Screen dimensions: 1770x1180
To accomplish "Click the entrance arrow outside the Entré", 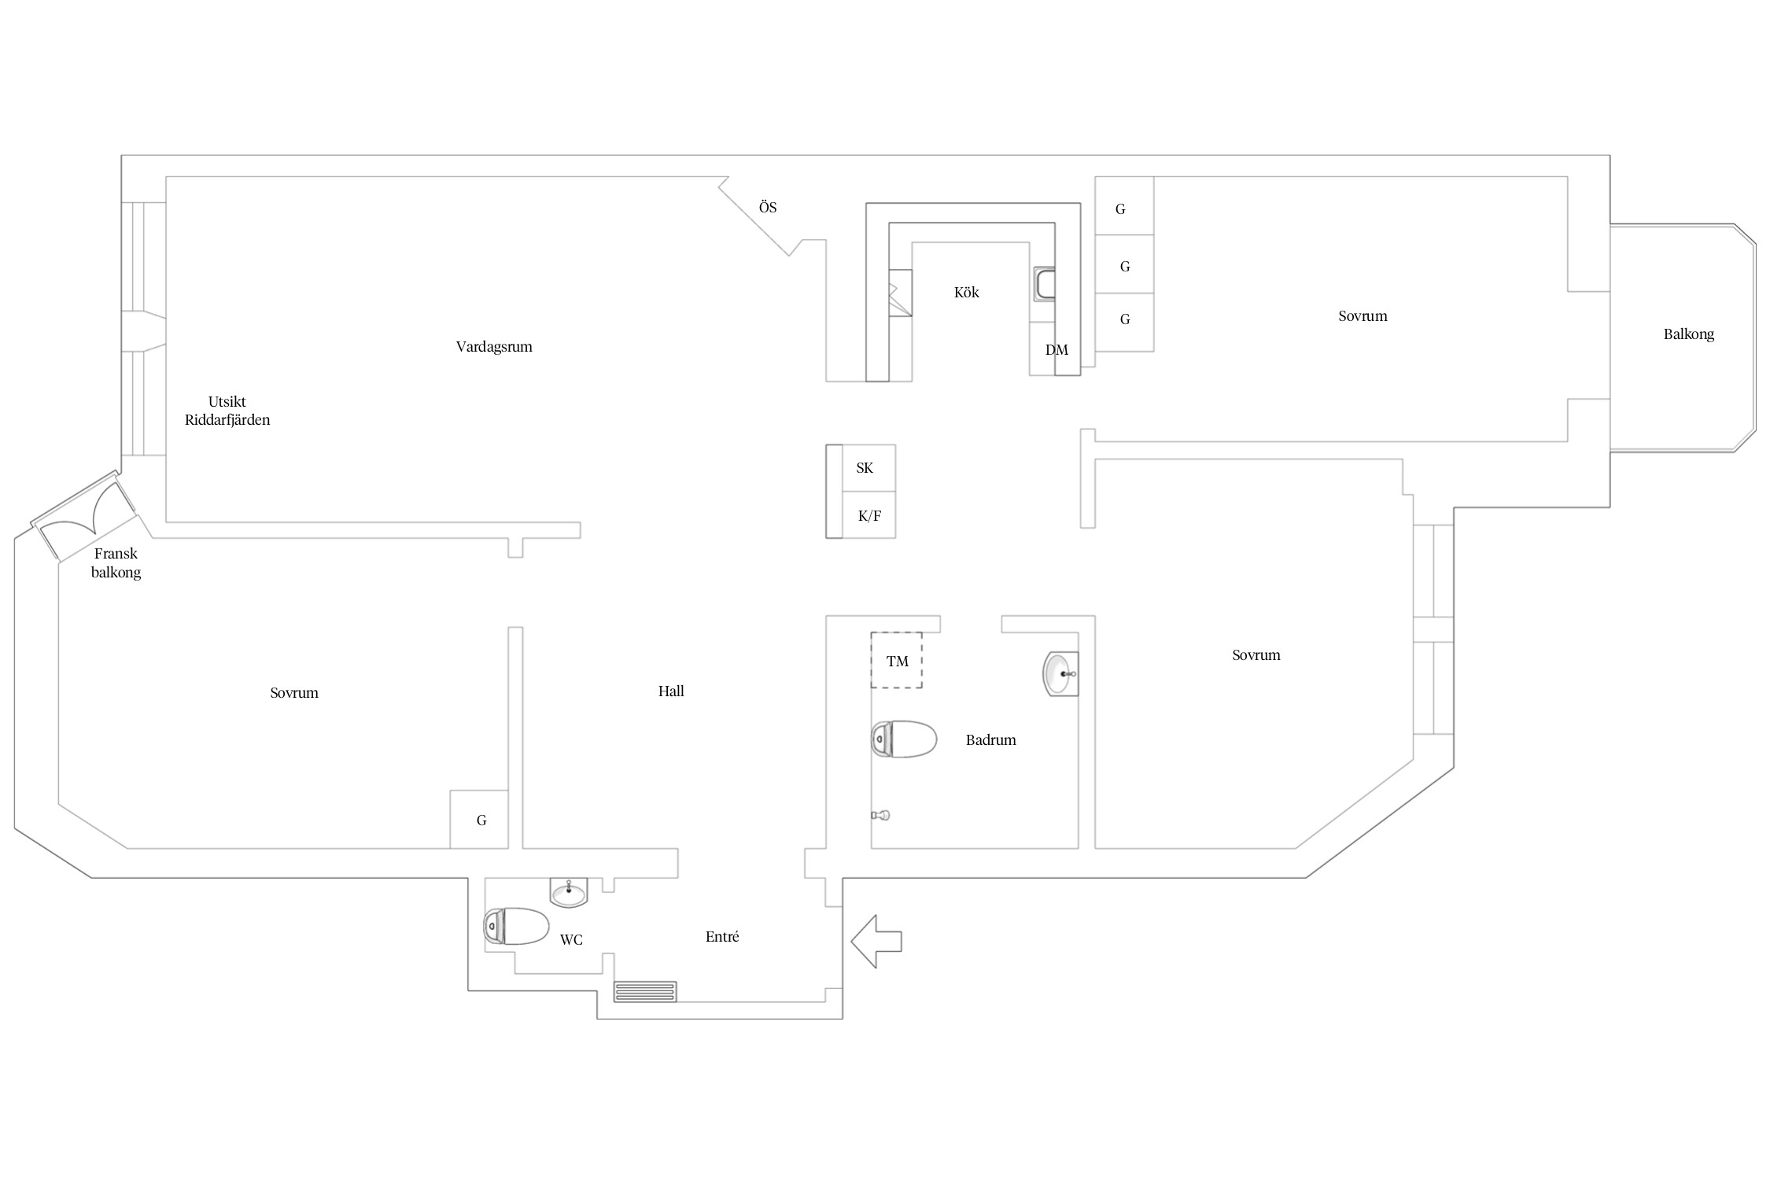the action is click(876, 941).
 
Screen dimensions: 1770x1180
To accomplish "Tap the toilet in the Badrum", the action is click(904, 739).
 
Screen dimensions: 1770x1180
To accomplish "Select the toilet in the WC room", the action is click(516, 926).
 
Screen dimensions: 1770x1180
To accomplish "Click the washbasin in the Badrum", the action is click(1060, 674).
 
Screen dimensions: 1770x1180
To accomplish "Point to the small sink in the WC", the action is click(568, 892).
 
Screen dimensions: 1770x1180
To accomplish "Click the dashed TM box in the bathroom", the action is click(896, 660).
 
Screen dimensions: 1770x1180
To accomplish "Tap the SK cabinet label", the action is click(865, 468).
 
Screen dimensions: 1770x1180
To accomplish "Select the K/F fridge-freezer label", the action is click(869, 516).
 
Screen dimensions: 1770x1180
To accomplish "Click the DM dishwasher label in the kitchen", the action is click(1056, 350).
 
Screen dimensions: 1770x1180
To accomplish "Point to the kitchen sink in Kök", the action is click(1045, 284).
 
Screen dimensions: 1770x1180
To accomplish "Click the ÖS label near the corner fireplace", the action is click(768, 207).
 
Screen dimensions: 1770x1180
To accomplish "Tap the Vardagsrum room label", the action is click(494, 347).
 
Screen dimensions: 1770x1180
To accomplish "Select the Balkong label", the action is click(1688, 334).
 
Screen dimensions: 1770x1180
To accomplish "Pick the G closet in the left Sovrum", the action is click(479, 819).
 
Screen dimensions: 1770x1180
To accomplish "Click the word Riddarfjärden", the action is click(227, 420).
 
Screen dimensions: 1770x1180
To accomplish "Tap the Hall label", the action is click(671, 691).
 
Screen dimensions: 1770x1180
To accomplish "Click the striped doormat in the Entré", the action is click(645, 991).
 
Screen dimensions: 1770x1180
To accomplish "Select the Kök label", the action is click(967, 292).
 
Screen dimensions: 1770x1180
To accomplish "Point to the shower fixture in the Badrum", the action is click(880, 815).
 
